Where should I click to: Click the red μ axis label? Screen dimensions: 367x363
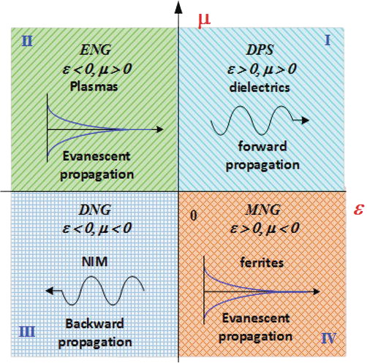(x=204, y=21)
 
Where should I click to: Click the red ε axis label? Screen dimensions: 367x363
(x=359, y=209)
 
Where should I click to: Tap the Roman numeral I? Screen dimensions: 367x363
(x=328, y=40)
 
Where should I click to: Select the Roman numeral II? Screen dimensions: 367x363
(x=27, y=41)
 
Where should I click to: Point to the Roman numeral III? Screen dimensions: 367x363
(x=27, y=332)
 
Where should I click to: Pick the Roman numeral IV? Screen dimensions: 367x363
(x=329, y=338)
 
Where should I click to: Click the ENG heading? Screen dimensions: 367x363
(x=96, y=50)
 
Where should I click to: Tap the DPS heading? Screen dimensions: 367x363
(x=260, y=50)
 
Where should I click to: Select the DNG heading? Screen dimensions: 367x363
(x=95, y=210)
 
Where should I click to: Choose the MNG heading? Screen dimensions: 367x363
(x=263, y=210)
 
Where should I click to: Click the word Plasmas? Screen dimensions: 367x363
(x=94, y=86)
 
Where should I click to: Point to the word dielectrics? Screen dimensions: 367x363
(x=260, y=88)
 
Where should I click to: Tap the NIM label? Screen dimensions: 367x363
(x=94, y=261)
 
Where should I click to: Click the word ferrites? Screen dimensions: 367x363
(x=262, y=263)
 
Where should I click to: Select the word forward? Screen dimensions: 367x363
(x=262, y=147)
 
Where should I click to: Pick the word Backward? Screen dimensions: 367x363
(x=94, y=324)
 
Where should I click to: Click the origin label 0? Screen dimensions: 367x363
(x=194, y=215)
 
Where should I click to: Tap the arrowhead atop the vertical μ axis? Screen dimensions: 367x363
(x=178, y=7)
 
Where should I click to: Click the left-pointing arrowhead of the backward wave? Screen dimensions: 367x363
(x=50, y=291)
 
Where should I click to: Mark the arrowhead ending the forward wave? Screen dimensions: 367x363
(x=306, y=120)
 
